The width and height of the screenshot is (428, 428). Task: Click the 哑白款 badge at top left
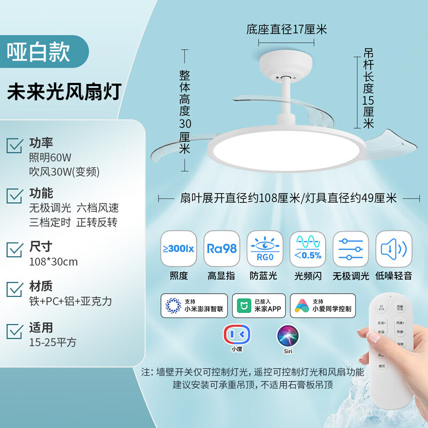[x=39, y=52]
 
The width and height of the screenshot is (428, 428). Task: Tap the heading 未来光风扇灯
[x=64, y=91]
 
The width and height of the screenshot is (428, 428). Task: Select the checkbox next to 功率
[x=14, y=144]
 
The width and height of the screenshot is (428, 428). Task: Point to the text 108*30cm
[x=53, y=262]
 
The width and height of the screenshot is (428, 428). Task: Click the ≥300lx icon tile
[x=179, y=248]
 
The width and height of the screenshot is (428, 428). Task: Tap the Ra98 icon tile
[x=221, y=248]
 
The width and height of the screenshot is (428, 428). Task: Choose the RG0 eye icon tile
[x=264, y=248]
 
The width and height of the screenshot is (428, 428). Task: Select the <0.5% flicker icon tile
[x=308, y=248]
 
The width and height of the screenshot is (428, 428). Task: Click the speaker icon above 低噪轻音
[x=394, y=248]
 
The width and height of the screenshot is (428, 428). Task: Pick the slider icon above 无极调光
[x=350, y=248]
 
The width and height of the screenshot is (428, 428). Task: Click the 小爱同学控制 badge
[x=323, y=305]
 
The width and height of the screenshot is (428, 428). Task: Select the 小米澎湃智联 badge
[x=194, y=305]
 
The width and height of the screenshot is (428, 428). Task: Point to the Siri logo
[x=288, y=335]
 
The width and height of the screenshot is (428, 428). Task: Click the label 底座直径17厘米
[x=286, y=29]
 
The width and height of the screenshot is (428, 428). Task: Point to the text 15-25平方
[x=53, y=341]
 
